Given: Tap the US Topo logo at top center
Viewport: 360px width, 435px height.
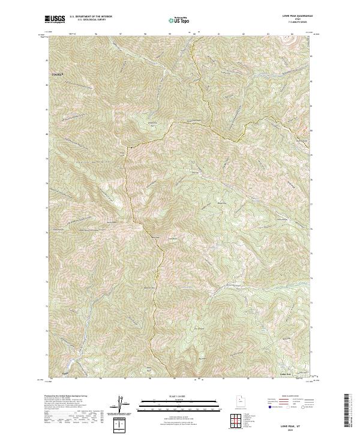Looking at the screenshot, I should [179, 20].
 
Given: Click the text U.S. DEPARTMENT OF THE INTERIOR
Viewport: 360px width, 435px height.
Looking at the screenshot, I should [91, 17].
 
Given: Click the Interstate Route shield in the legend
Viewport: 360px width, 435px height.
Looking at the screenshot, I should [267, 406].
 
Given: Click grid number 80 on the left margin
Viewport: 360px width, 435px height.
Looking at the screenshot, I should [46, 135].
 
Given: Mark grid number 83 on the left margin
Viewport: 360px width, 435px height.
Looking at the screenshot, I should [46, 61].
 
